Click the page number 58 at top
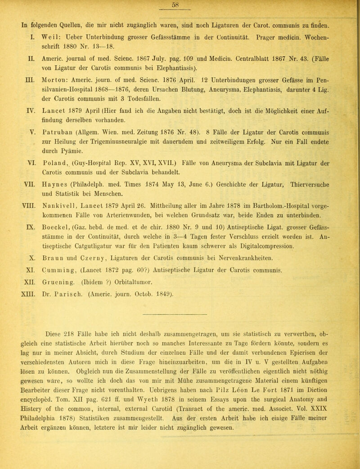(180, 4)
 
